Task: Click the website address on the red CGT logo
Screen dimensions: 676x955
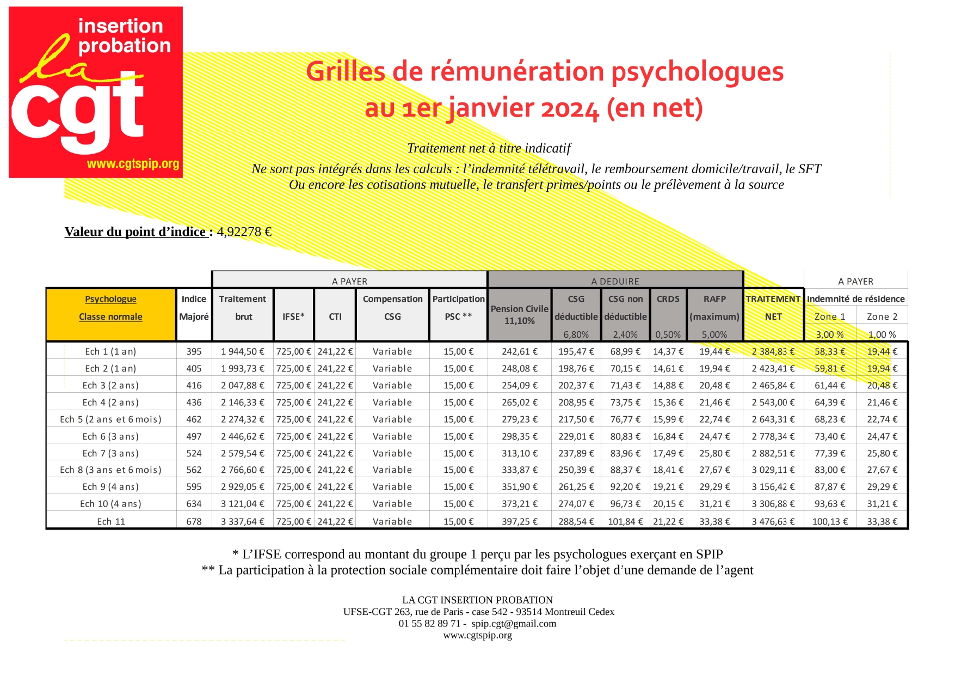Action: [133, 164]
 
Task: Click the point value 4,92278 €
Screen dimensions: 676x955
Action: [244, 232]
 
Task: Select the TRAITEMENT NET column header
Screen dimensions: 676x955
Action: [773, 308]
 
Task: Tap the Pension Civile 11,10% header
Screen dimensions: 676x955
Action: [519, 315]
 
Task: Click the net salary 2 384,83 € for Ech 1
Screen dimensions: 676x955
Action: [773, 352]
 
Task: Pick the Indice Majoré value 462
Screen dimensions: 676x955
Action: [194, 419]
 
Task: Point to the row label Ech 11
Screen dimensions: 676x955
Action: [111, 522]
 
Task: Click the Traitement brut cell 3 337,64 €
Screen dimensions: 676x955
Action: [242, 522]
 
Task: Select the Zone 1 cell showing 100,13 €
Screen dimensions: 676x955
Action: [830, 522]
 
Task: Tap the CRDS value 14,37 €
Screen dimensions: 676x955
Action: [668, 352]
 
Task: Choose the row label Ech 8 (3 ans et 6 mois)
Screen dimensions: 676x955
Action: [111, 470]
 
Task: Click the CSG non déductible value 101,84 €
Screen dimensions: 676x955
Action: [625, 522]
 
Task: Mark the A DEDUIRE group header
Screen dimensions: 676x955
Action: [615, 281]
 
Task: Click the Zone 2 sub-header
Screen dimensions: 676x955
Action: [882, 316]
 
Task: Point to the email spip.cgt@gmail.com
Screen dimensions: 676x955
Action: [514, 624]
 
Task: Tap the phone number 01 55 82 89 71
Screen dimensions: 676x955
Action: [429, 624]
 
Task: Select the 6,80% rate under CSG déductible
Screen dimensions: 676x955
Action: [576, 335]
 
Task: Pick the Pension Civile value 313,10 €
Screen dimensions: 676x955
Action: [519, 453]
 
